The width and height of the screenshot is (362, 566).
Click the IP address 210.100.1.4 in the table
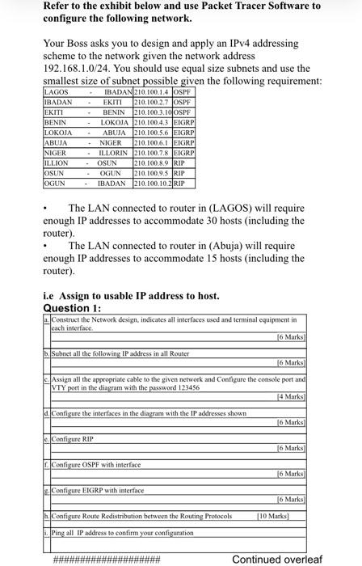click(x=151, y=93)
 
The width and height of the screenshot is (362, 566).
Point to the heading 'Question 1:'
click(x=72, y=307)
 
